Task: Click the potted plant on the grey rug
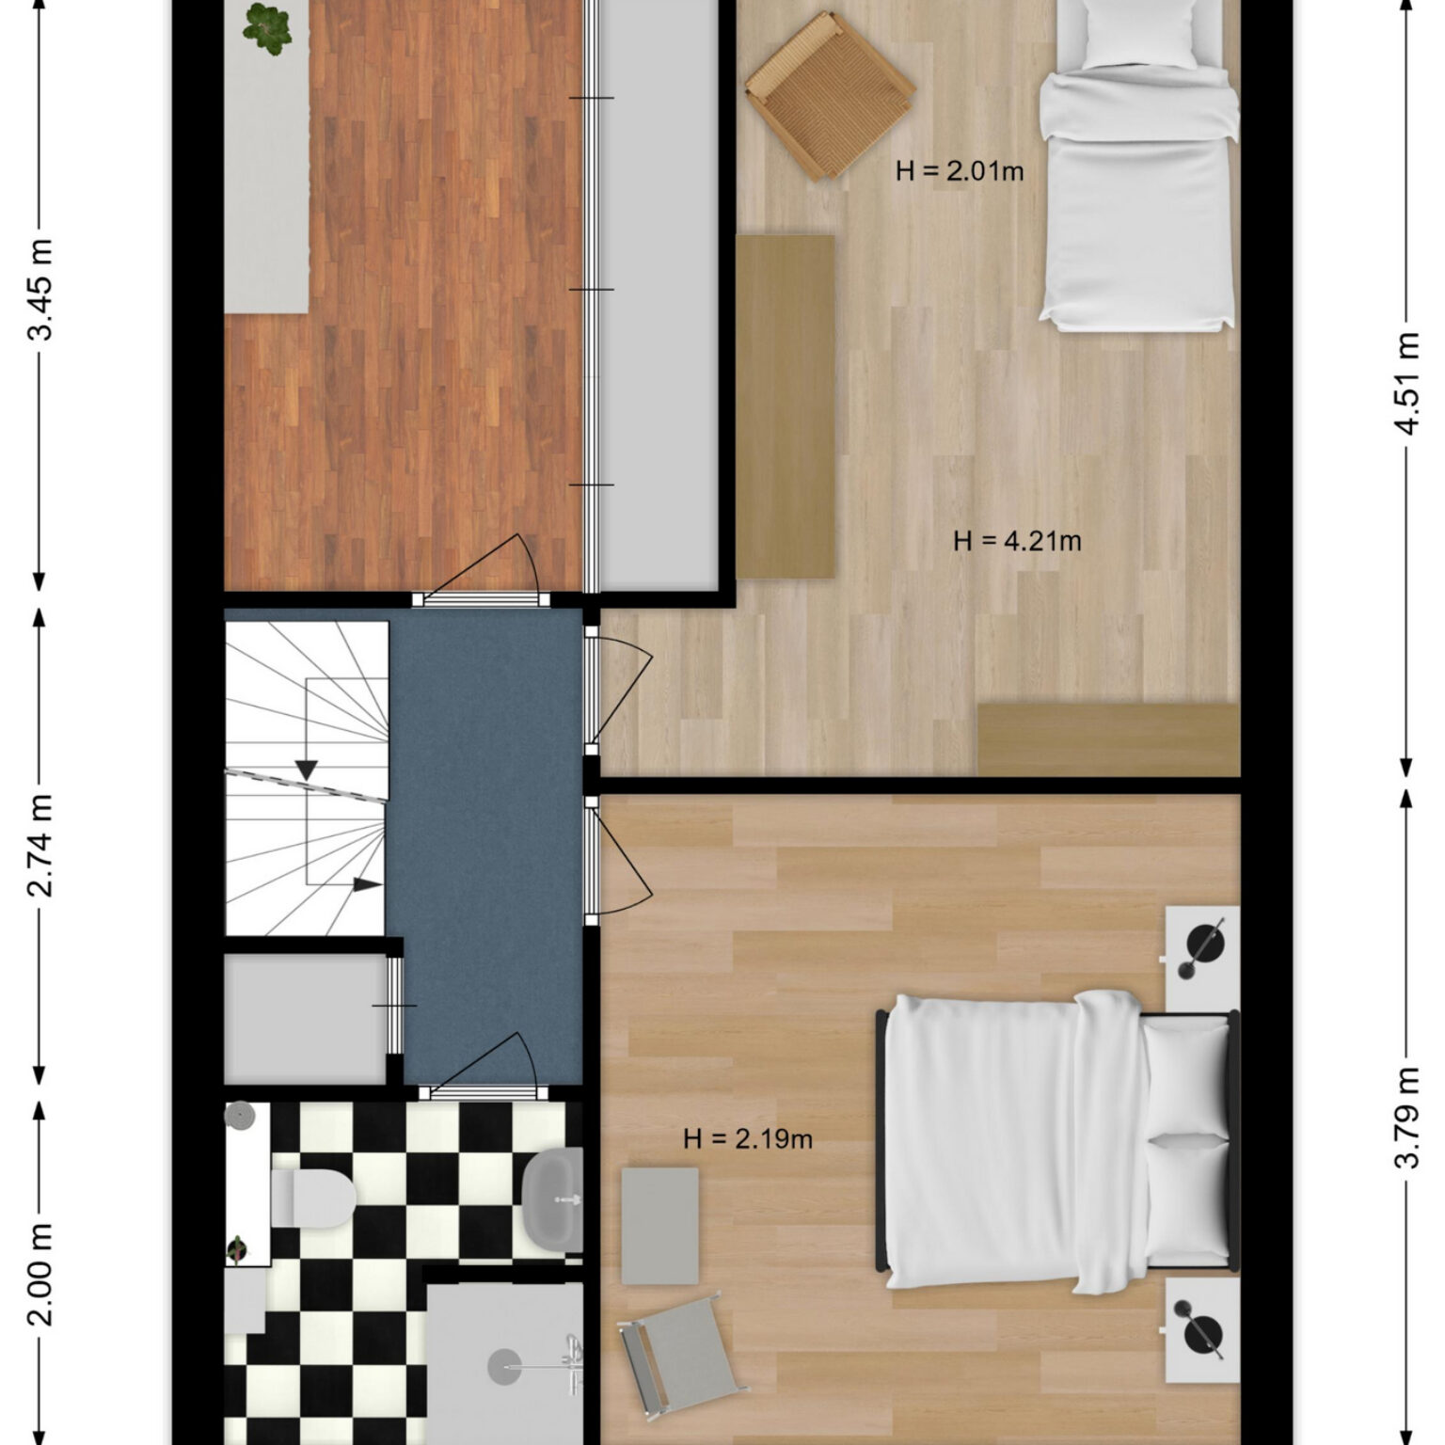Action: [267, 28]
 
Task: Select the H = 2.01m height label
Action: [960, 171]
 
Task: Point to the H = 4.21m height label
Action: [1017, 541]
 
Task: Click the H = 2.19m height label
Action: [748, 1139]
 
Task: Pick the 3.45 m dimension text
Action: [40, 292]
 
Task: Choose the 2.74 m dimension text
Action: [40, 846]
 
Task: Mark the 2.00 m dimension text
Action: [40, 1274]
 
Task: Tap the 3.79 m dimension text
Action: [1406, 1117]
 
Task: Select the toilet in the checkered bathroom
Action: [312, 1198]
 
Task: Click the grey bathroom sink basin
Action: [553, 1200]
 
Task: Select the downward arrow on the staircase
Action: [306, 770]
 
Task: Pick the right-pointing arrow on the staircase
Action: [368, 884]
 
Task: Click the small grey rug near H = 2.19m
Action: [660, 1226]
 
